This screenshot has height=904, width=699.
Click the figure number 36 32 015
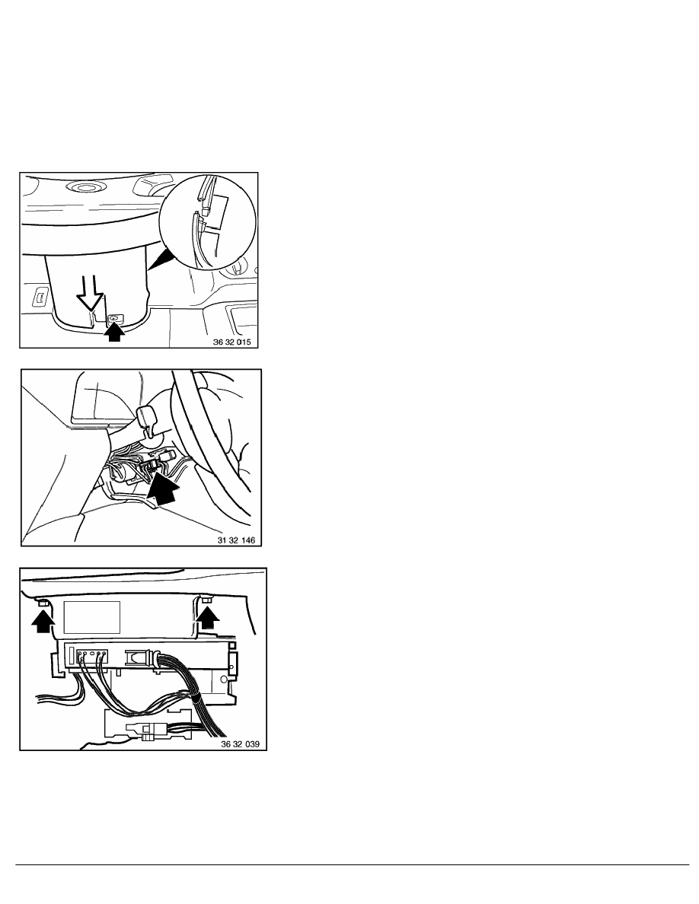[231, 342]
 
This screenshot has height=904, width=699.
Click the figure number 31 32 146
[236, 540]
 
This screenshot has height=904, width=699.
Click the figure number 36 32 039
[241, 744]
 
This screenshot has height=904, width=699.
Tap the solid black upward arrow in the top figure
[115, 333]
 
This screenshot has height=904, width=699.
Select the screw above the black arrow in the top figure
[114, 318]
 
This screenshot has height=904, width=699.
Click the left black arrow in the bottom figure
[42, 622]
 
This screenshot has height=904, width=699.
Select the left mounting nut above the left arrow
[43, 603]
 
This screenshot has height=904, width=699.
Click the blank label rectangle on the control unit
[91, 617]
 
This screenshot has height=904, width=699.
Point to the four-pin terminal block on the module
[91, 655]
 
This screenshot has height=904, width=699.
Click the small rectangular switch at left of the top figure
[39, 298]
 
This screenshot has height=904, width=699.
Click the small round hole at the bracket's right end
[231, 669]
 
